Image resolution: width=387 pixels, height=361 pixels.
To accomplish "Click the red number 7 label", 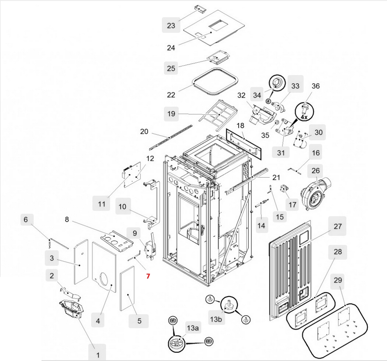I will coord(149,276).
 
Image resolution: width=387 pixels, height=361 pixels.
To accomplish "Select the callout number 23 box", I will coord(171,25).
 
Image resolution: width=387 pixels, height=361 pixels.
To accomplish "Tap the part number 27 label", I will coord(337,226).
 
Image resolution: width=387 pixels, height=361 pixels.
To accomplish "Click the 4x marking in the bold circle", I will coord(304,117).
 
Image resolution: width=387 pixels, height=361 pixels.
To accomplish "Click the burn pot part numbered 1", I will coord(70,308).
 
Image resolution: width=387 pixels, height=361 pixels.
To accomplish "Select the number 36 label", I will coord(316,86).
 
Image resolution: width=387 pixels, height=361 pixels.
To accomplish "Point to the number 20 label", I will coord(144,132).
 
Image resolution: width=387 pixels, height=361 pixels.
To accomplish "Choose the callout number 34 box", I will coord(257,95).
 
